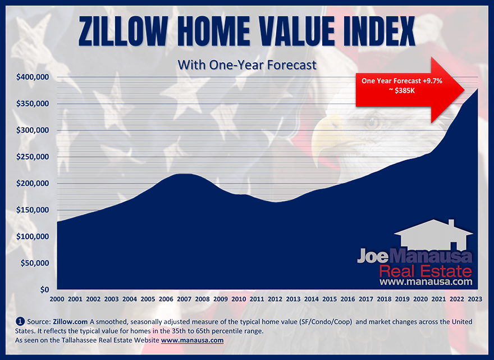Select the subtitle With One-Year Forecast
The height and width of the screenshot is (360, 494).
tap(247, 65)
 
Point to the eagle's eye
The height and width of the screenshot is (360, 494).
tap(370, 120)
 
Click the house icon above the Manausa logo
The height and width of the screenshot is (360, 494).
tap(433, 236)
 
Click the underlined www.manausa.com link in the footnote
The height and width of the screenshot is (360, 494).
tap(192, 340)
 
